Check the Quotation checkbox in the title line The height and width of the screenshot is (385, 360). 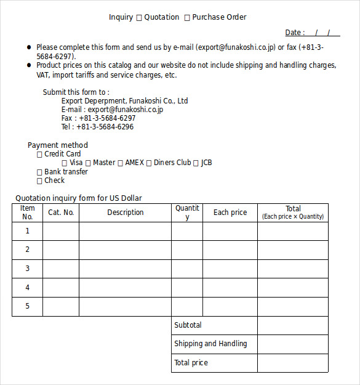pos(139,17)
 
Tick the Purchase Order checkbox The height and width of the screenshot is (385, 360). pos(187,17)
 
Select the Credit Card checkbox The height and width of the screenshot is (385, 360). pos(40,155)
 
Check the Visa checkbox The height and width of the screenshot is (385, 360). pos(65,163)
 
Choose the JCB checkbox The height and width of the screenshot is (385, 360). pos(196,163)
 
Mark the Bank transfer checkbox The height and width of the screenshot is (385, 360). pos(40,172)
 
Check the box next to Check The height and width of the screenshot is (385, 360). pos(40,181)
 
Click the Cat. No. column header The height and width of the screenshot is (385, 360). pos(61,213)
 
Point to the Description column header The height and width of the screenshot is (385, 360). pos(125,213)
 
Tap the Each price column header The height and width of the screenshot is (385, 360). pos(230,213)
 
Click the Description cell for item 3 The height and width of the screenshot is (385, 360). pos(125,269)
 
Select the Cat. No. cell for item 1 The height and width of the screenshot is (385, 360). pos(61,232)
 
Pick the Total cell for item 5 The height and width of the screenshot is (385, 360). pos(292,307)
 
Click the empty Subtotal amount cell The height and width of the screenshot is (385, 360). pos(292,325)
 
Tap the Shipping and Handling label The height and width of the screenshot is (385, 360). pos(210,344)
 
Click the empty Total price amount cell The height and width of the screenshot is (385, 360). pos(292,363)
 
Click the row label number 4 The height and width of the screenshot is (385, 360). pos(27,288)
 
